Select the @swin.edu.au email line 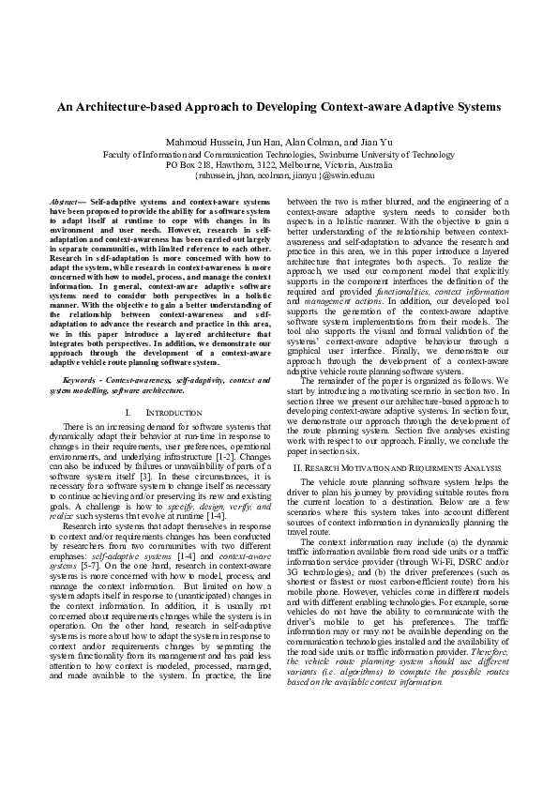pos(279,175)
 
